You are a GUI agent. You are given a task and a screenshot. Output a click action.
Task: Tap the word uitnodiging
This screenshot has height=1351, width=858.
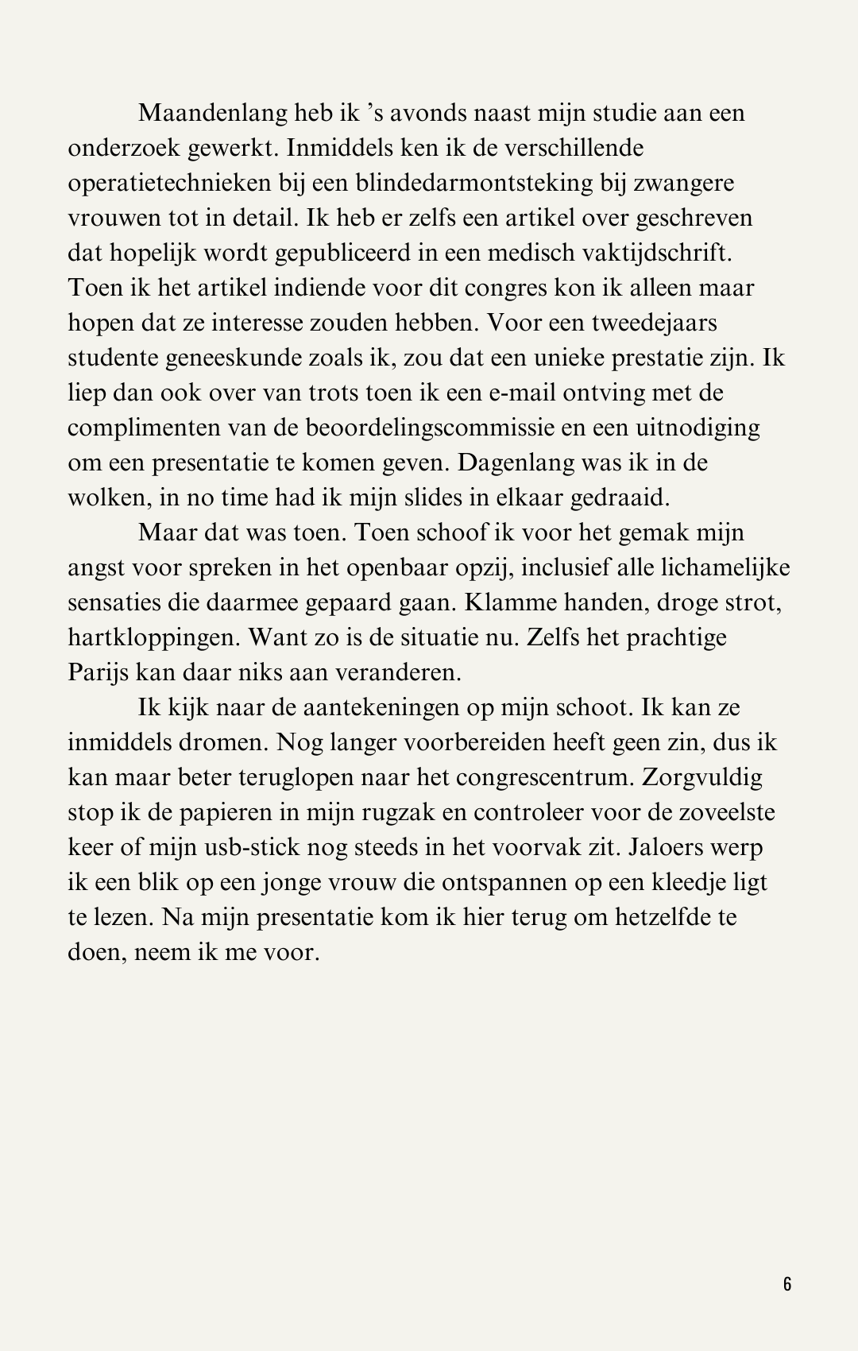click(698, 428)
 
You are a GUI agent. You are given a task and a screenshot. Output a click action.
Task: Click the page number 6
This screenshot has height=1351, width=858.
click(787, 1284)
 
